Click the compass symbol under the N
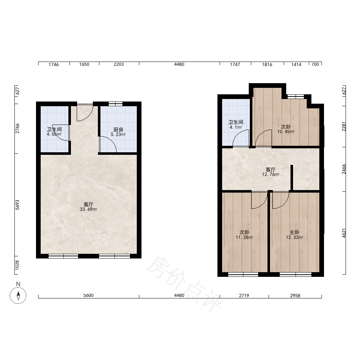[x=18, y=295]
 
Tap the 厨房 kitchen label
[x=118, y=130]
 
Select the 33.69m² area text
[x=89, y=210]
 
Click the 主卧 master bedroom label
[x=294, y=233]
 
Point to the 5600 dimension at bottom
[x=89, y=295]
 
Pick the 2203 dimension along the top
[x=119, y=64]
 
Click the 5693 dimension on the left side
[x=17, y=205]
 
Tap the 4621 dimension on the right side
[x=344, y=233]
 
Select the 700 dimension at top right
[x=315, y=64]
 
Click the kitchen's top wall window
[x=116, y=104]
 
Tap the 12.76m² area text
[x=271, y=175]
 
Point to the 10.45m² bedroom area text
[x=286, y=132]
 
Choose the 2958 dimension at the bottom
[x=295, y=296]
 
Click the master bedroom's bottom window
[x=296, y=274]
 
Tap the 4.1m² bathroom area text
[x=236, y=127]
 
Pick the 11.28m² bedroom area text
[x=244, y=238]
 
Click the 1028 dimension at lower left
[x=17, y=265]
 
